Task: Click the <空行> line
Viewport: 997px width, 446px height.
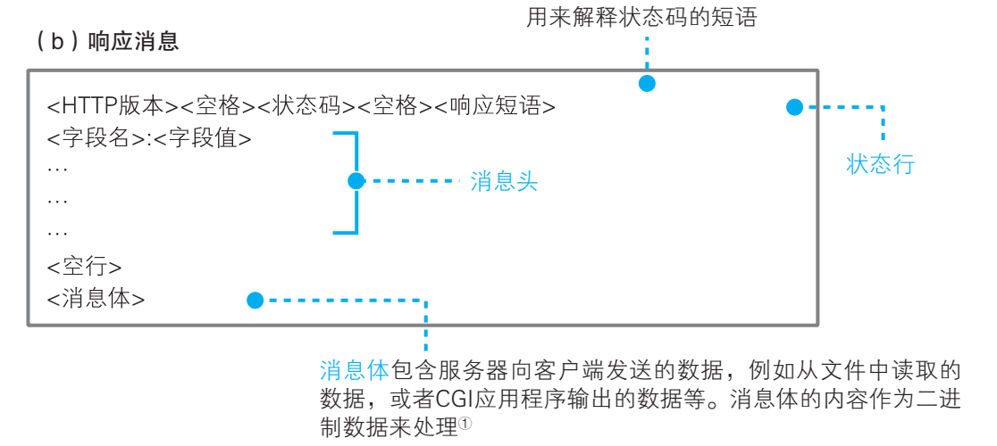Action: click(x=84, y=267)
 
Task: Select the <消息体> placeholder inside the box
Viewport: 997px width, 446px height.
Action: click(x=96, y=299)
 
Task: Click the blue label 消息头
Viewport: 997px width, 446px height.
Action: click(x=504, y=182)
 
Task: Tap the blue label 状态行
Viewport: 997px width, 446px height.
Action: click(x=880, y=165)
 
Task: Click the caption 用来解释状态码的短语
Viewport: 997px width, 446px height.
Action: click(x=641, y=17)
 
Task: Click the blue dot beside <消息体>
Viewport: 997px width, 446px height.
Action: click(x=256, y=300)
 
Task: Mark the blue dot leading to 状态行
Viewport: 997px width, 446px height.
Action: click(x=794, y=108)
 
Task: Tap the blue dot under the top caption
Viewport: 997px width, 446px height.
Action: click(x=646, y=84)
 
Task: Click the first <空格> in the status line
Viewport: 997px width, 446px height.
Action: click(x=211, y=106)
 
